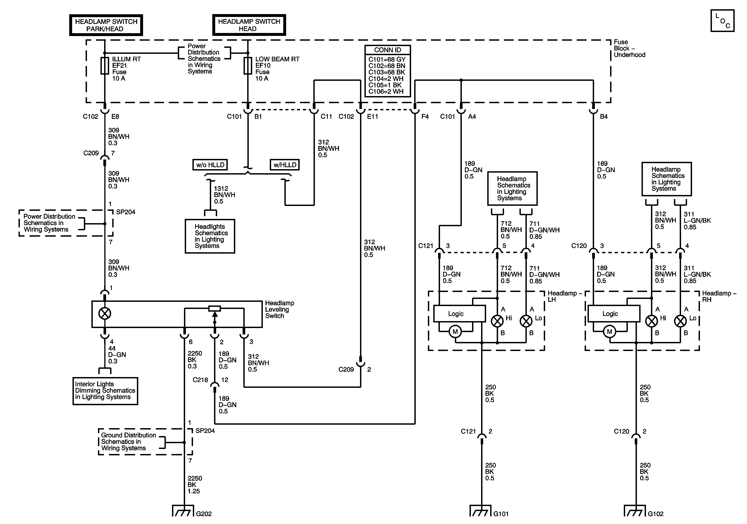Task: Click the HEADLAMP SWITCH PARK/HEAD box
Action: [106, 25]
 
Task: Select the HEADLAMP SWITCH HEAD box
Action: [249, 25]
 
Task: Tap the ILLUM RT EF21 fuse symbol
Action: [105, 66]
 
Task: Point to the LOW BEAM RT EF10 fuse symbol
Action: [248, 66]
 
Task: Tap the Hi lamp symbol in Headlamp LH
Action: [497, 321]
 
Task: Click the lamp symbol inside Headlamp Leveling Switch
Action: [105, 313]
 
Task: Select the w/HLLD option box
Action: [285, 165]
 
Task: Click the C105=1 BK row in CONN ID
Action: [387, 85]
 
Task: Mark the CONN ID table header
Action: [388, 50]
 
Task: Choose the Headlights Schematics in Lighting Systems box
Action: [210, 236]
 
